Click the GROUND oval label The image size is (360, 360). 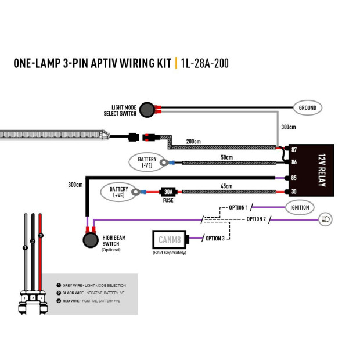(307, 107)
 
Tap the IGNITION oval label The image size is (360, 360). (300, 207)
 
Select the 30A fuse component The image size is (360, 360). (168, 192)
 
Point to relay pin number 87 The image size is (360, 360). (294, 150)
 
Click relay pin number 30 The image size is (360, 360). (294, 192)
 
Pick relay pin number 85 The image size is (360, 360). (294, 178)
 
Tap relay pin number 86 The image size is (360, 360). (294, 163)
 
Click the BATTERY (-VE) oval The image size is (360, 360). (143, 162)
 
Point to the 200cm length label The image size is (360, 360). (193, 142)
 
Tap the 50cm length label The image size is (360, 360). (226, 157)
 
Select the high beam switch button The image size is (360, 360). (90, 240)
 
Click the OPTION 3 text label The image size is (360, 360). (214, 238)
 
